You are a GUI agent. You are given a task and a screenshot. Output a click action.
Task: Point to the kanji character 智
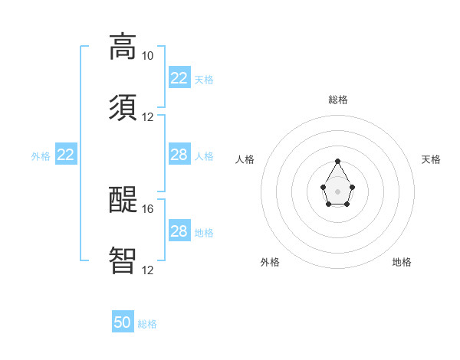[123, 260]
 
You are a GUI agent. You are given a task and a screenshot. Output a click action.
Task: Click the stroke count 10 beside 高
[147, 56]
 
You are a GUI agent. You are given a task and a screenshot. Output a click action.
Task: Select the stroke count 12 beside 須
[147, 117]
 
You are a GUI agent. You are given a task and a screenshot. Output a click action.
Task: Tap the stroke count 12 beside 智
[147, 270]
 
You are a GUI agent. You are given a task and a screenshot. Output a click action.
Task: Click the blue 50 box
[123, 322]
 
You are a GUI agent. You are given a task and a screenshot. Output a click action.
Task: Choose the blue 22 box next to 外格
[66, 155]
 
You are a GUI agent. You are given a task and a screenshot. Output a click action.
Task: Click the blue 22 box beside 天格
[179, 78]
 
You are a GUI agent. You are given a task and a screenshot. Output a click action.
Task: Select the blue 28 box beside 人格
[179, 155]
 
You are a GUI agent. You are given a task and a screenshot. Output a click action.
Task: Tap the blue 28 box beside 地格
[179, 231]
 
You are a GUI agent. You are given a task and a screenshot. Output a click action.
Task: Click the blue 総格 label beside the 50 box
[147, 324]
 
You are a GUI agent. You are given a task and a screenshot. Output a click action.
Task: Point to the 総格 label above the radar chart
[338, 100]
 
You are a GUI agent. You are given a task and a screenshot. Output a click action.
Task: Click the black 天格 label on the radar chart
[431, 159]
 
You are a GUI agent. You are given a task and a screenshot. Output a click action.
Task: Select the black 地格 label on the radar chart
[402, 262]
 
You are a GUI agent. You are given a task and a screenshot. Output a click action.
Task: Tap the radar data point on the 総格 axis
[338, 161]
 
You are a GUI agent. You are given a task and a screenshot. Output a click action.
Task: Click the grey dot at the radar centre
[338, 190]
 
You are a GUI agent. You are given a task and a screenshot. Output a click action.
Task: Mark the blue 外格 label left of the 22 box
[41, 155]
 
